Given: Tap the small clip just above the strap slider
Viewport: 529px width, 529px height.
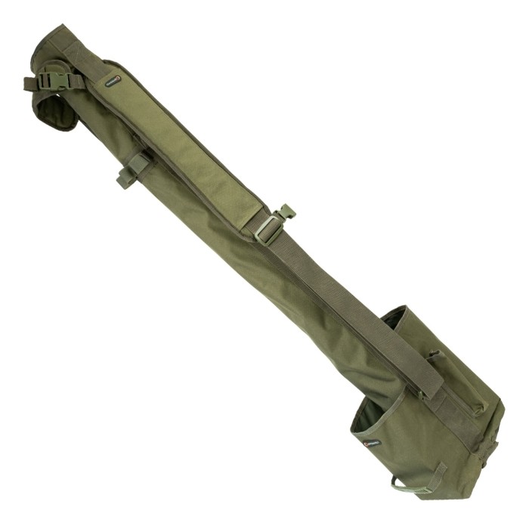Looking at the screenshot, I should coord(286,213).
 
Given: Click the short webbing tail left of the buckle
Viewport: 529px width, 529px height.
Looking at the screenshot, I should coord(30,83).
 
